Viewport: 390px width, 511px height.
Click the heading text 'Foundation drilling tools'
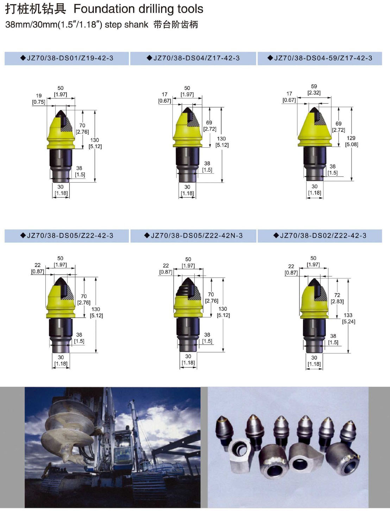138,9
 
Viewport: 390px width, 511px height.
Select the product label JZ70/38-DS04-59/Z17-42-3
323,58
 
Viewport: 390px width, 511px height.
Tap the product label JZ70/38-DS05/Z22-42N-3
197,236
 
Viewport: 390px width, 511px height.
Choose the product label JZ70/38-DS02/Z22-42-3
323,236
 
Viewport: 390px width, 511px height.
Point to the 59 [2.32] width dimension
314,90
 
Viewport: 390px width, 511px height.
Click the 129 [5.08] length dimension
351,141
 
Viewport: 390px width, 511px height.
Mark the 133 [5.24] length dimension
348,318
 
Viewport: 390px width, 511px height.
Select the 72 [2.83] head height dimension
337,298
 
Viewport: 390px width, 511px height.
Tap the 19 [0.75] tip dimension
39,99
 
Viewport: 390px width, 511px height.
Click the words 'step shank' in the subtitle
126,25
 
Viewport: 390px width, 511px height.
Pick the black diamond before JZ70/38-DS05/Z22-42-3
23,236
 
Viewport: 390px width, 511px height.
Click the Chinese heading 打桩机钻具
36,9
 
